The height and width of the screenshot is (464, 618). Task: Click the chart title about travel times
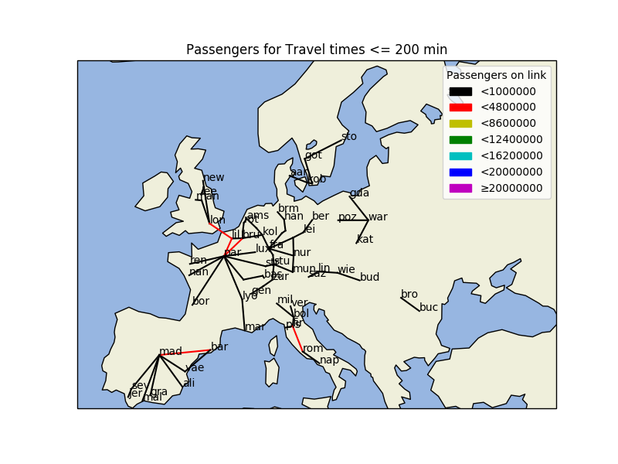317,50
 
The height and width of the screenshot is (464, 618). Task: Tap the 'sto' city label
349,136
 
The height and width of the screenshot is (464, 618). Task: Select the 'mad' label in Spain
171,352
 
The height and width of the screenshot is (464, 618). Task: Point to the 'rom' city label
313,349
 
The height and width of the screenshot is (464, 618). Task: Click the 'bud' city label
369,277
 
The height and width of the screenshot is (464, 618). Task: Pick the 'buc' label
429,307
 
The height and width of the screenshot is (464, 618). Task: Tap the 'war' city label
378,217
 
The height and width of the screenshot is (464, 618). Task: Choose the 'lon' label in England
218,220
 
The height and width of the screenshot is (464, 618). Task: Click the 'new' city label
214,178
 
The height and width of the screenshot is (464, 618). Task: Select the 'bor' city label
201,302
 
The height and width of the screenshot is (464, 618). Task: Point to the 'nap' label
330,360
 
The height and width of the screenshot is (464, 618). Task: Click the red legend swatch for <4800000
460,107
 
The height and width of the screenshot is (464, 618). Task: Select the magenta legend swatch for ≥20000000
460,188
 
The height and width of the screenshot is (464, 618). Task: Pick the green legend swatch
460,140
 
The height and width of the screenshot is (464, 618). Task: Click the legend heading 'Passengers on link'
496,75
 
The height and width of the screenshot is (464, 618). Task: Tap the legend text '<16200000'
511,155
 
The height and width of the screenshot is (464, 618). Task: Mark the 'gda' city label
359,193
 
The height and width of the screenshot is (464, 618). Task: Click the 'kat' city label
365,240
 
